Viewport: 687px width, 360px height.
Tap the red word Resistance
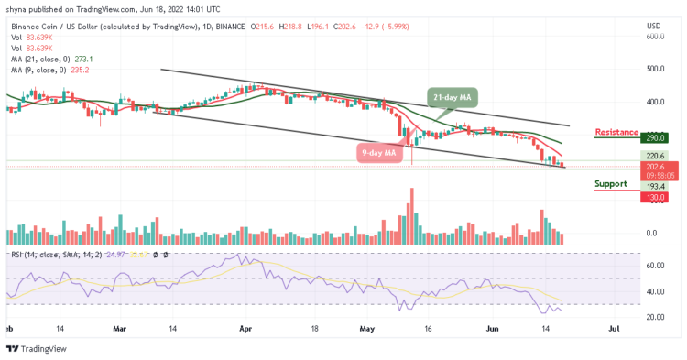616,132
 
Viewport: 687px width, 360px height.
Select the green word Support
610,183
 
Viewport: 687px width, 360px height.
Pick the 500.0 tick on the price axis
654,69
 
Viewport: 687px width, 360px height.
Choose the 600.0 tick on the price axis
654,38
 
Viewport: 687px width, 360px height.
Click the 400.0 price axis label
654,102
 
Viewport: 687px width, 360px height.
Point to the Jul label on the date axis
615,326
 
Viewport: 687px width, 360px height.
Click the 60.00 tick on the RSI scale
654,266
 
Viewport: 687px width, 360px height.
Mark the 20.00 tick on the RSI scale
654,317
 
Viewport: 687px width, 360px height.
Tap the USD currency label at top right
654,25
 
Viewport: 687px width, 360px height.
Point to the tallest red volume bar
412,214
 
